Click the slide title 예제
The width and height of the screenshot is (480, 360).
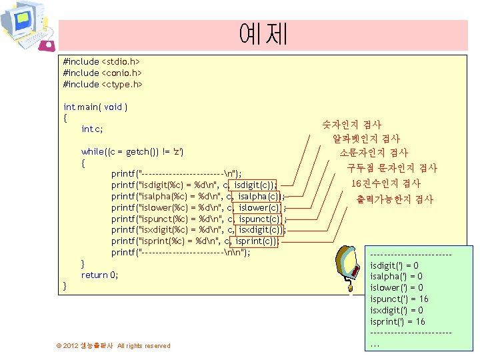click(263, 34)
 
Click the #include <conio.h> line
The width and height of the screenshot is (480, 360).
click(103, 73)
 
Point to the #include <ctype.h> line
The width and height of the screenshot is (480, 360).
click(103, 84)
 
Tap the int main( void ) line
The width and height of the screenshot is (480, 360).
click(95, 107)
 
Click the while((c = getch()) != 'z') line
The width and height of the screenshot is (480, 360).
click(132, 151)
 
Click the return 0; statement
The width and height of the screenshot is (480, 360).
click(99, 275)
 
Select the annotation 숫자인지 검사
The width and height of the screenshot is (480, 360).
click(351, 125)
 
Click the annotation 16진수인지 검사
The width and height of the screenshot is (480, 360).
click(386, 183)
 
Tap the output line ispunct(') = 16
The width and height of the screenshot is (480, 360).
click(399, 299)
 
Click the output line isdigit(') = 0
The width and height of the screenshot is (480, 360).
click(394, 265)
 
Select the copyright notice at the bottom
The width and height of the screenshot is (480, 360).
click(113, 345)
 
